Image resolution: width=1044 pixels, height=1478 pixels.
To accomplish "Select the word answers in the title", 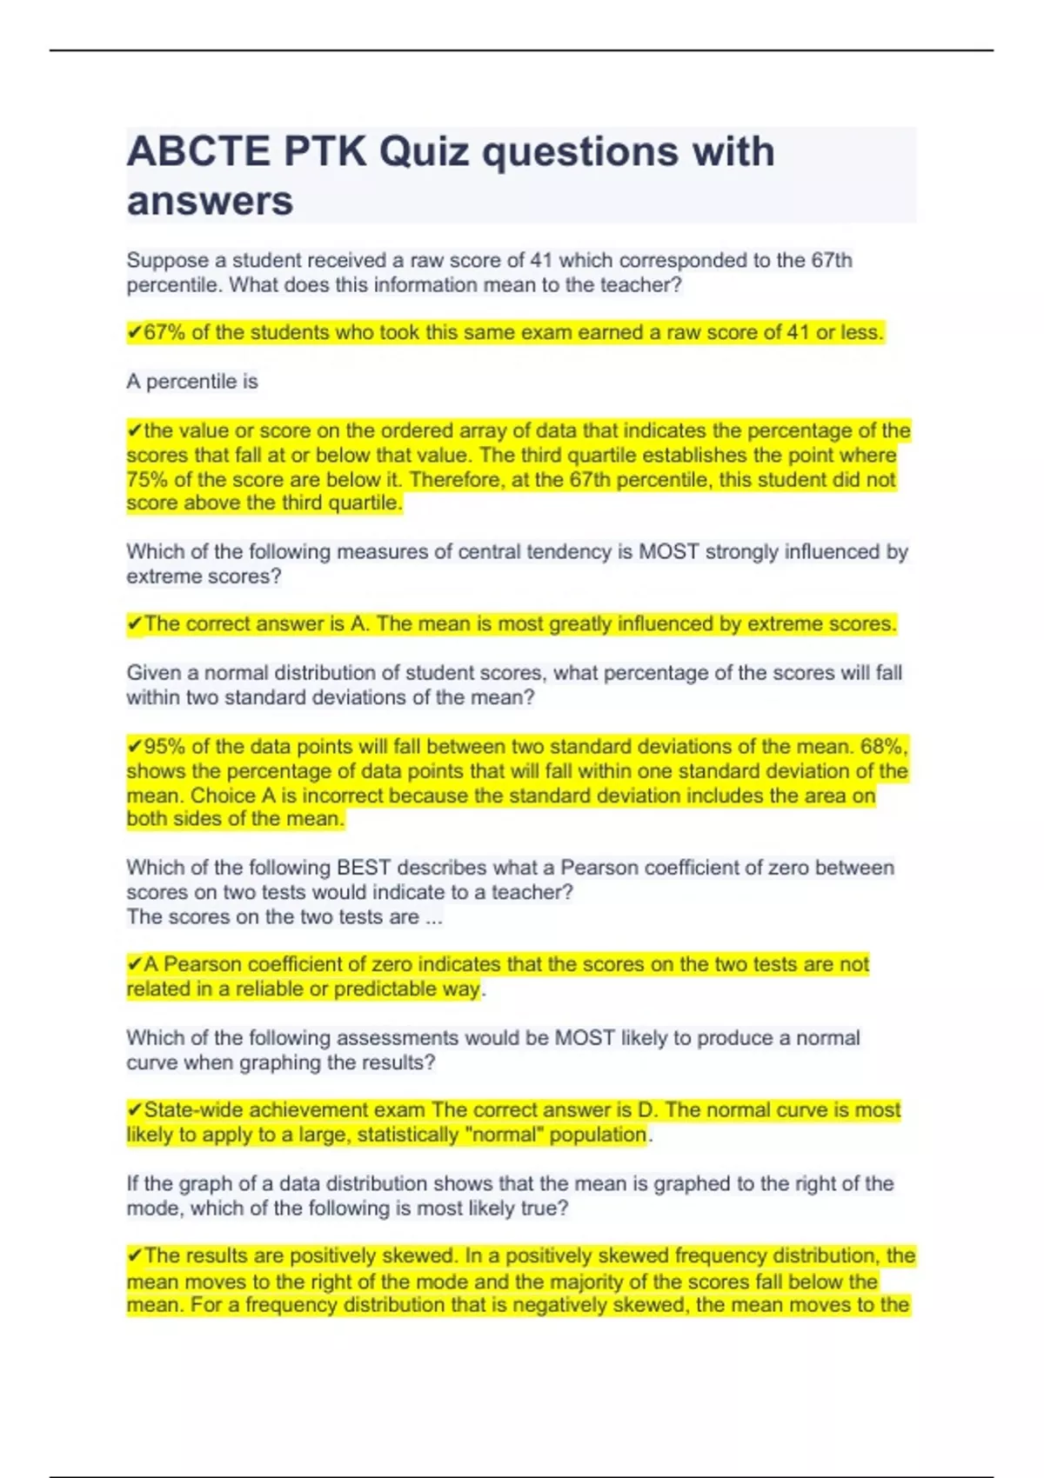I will (x=210, y=201).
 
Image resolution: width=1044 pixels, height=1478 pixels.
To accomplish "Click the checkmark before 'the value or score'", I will (x=135, y=430).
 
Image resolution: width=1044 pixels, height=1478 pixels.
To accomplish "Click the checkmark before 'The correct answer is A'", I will (x=135, y=623).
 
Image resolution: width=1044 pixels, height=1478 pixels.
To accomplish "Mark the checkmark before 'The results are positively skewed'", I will (x=135, y=1255).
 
